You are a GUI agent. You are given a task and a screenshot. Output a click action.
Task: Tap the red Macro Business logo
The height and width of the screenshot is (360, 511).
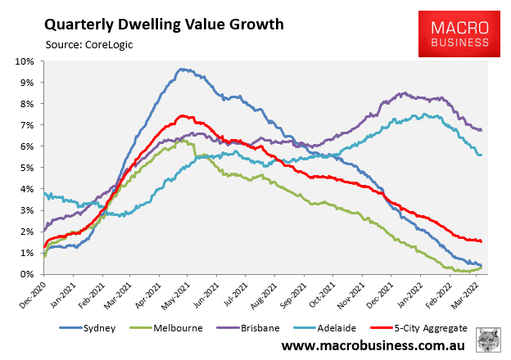click(x=460, y=34)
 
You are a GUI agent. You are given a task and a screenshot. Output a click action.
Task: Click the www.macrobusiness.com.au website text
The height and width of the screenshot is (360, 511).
click(x=373, y=347)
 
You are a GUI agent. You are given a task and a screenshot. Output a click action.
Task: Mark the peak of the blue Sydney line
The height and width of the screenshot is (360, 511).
click(x=182, y=70)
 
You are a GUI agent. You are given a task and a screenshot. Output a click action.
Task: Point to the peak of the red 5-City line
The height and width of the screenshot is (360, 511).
click(x=182, y=115)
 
